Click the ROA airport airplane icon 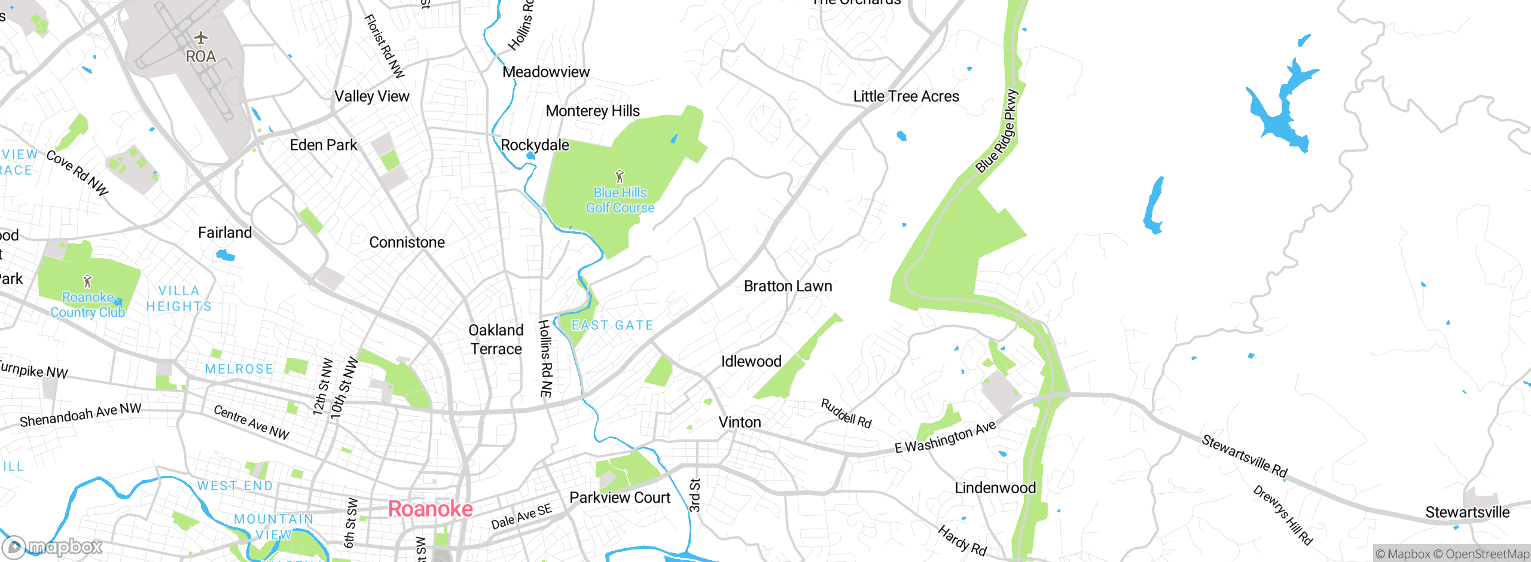coord(201,38)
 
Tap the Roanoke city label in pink coord(430,509)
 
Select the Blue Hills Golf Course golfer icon coord(620,176)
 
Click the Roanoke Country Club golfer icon coord(88,280)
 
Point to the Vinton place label coord(739,422)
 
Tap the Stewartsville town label coord(1467,512)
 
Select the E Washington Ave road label coord(945,437)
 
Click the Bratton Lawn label coord(788,286)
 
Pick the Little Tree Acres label coord(905,96)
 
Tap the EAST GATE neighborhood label coord(612,325)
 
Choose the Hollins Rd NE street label coord(545,359)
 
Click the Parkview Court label coord(620,497)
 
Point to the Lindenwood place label coord(995,488)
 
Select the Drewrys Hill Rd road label coord(1283,515)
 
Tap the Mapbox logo coord(53,546)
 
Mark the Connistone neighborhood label coord(407,242)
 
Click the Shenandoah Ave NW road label coord(80,414)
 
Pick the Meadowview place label coord(545,72)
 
